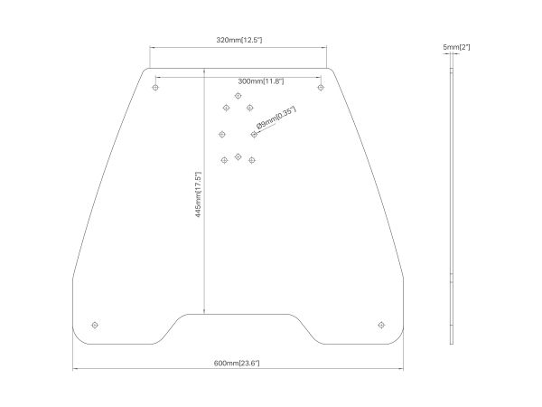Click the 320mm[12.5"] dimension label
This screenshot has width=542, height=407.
click(x=239, y=40)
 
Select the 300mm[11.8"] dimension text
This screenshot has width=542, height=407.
click(x=261, y=81)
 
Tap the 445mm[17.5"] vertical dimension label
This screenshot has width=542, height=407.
click(x=198, y=194)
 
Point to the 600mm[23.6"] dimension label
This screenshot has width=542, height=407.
click(x=237, y=363)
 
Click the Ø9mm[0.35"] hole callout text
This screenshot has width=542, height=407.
click(x=276, y=118)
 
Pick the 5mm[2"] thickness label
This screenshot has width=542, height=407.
click(x=456, y=47)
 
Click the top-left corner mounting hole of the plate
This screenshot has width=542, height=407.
click(x=155, y=87)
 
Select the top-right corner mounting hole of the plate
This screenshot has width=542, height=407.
click(x=321, y=87)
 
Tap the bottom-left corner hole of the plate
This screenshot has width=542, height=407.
click(x=95, y=325)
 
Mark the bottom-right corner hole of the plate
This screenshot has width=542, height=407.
click(x=381, y=325)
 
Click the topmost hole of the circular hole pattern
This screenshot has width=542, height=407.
click(x=238, y=96)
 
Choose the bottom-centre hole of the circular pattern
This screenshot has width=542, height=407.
click(x=238, y=156)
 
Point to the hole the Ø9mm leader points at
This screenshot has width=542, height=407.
click(x=254, y=134)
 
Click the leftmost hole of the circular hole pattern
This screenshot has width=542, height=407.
click(x=222, y=134)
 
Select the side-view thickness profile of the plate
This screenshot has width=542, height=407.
click(x=452, y=206)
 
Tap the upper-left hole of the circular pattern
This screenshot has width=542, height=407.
click(x=226, y=108)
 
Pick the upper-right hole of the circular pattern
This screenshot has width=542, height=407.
click(x=250, y=108)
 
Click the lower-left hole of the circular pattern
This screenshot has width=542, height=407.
click(x=224, y=160)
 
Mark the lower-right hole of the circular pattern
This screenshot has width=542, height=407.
click(x=252, y=160)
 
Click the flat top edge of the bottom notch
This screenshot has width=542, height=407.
click(x=238, y=314)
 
